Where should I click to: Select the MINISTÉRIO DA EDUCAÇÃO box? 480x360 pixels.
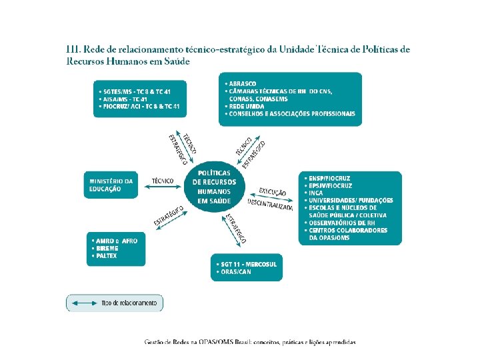pyautogui.click(x=111, y=185)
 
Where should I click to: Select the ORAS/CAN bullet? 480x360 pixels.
pyautogui.click(x=237, y=272)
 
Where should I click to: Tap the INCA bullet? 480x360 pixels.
pyautogui.click(x=317, y=193)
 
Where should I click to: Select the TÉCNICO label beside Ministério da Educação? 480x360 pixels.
pyautogui.click(x=163, y=181)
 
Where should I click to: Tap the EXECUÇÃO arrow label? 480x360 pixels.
pyautogui.click(x=273, y=192)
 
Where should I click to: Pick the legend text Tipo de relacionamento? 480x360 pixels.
pyautogui.click(x=129, y=303)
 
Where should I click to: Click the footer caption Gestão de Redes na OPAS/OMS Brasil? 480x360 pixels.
pyautogui.click(x=250, y=342)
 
